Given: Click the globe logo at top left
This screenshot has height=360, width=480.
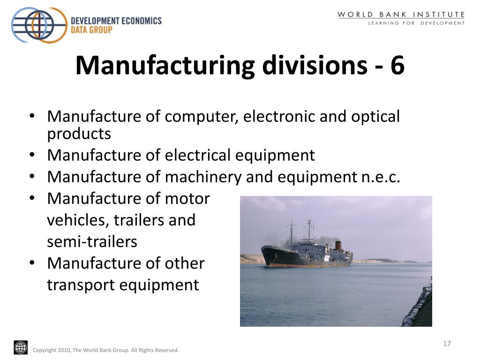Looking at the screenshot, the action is pyautogui.click(x=39, y=25).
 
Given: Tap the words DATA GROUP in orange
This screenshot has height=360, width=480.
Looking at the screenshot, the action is pyautogui.click(x=91, y=30).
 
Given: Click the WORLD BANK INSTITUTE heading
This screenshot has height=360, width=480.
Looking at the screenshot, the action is pyautogui.click(x=401, y=15).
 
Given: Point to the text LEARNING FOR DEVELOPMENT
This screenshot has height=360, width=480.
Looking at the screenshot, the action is pyautogui.click(x=416, y=23).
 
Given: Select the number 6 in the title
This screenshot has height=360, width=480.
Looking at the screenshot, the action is pyautogui.click(x=397, y=65).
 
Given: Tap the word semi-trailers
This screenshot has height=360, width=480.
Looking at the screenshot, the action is pyautogui.click(x=92, y=242).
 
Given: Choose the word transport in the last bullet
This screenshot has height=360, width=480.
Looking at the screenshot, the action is pyautogui.click(x=81, y=285).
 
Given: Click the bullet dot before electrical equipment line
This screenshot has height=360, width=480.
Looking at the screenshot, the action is pyautogui.click(x=32, y=155).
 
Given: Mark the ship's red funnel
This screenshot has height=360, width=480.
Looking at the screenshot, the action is pyautogui.click(x=338, y=246).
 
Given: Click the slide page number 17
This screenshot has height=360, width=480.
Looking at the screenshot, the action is pyautogui.click(x=447, y=344).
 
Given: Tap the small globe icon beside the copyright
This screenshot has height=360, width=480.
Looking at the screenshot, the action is pyautogui.click(x=21, y=348).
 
